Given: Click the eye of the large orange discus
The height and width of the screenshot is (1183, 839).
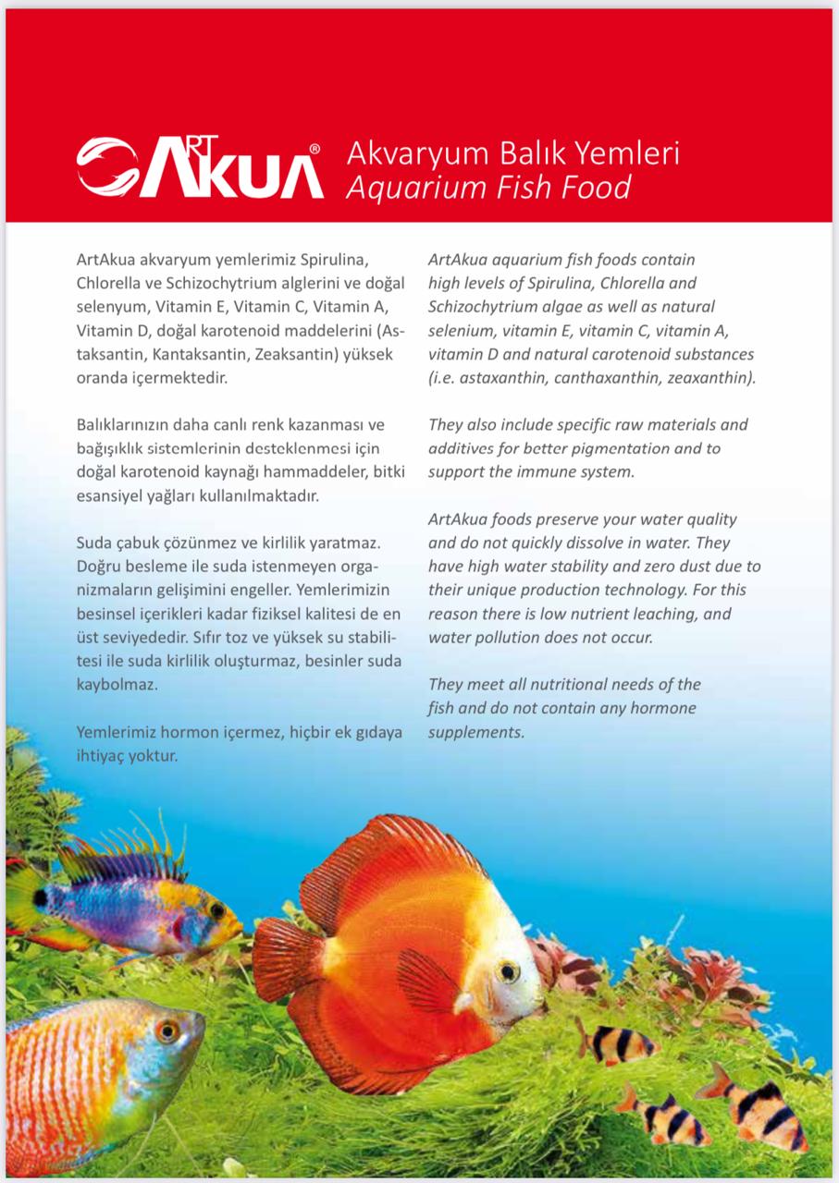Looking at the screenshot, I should tap(507, 970).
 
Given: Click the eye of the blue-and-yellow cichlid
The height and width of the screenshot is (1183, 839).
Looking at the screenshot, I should tap(216, 909).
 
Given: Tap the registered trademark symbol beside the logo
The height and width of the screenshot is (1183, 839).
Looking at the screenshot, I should tap(315, 148).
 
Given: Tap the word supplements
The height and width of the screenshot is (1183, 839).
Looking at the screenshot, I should tap(475, 732).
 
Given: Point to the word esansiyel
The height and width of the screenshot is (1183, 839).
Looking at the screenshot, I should tap(111, 495).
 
